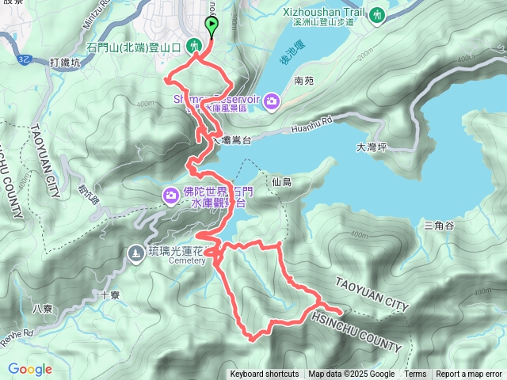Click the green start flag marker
tap(212, 26)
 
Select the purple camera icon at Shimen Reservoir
tap(272, 100)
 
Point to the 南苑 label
tap(304, 81)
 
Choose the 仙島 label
tap(281, 182)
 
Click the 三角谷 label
tap(438, 226)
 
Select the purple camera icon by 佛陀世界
tap(170, 195)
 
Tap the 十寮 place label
tap(110, 295)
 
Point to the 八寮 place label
tap(42, 310)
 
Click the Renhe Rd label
tap(17, 332)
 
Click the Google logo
tap(30, 369)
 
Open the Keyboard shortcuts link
tap(265, 374)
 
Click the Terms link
tap(415, 374)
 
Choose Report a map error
tap(469, 374)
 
